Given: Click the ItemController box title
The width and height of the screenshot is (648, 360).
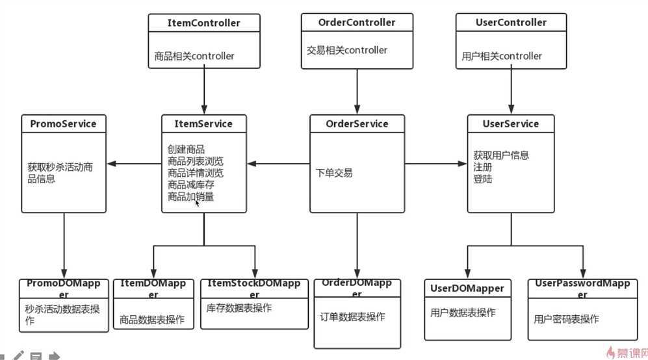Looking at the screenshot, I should click(203, 23).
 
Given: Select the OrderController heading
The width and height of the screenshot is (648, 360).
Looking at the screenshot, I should click(357, 22).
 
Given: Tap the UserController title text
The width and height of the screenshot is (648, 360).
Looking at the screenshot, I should click(511, 22).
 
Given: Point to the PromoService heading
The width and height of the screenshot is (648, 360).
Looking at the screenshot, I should click(64, 123).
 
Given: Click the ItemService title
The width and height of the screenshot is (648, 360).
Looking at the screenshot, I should click(203, 123).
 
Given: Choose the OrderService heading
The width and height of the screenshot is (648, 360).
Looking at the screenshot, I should click(357, 123).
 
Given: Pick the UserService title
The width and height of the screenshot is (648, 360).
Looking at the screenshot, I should click(511, 123).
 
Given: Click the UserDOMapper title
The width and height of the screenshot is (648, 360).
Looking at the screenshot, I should click(467, 288).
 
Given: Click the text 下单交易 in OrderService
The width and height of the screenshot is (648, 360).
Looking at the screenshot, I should click(334, 173).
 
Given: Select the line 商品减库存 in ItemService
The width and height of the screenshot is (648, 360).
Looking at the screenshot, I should click(191, 185).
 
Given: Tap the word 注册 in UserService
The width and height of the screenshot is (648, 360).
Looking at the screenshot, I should click(483, 167).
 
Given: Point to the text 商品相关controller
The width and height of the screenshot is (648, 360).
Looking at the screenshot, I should click(194, 57).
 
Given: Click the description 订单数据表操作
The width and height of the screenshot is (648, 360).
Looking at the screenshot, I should click(352, 317).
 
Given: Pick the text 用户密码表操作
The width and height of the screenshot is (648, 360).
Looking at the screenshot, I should click(566, 319).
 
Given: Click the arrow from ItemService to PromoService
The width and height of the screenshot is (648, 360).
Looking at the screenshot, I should click(134, 163).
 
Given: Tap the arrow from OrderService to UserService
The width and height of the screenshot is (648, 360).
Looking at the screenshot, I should click(435, 163).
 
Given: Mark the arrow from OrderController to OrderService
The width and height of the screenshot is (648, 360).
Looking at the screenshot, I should click(357, 91).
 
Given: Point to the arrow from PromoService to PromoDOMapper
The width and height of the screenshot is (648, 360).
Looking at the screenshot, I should click(64, 244).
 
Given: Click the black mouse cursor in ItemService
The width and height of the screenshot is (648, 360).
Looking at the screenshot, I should click(198, 203).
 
